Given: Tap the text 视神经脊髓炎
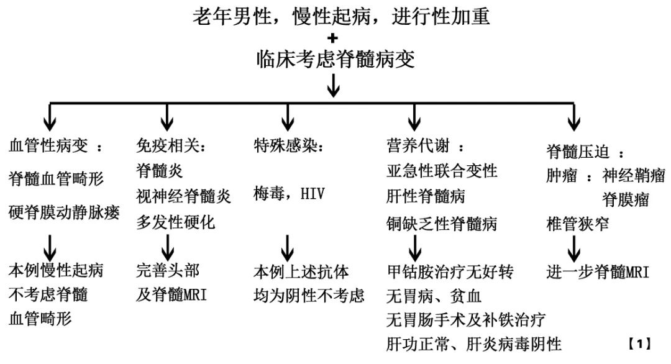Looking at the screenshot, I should [x=184, y=197].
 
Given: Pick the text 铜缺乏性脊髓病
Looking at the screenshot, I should [x=442, y=224].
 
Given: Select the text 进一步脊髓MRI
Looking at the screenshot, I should [x=598, y=273].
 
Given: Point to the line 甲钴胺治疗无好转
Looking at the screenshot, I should [x=449, y=272].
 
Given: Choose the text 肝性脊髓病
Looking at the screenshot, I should [x=425, y=197].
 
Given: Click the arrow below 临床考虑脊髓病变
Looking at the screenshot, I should [x=334, y=85].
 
